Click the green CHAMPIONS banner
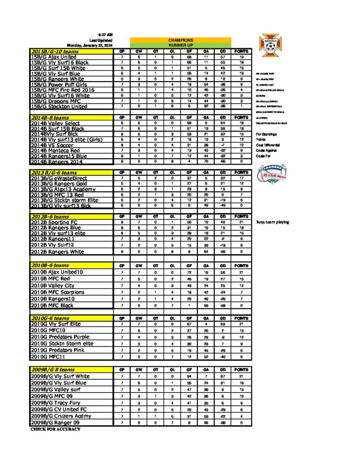point(180,40)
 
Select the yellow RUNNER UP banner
point(180,46)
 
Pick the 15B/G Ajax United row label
point(54,57)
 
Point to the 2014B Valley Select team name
point(56,123)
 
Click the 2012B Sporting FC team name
point(55,222)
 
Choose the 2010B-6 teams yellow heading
point(50,265)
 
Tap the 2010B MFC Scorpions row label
point(57,292)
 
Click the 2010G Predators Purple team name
point(60,337)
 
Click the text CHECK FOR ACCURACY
point(56,429)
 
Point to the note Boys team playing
point(272,222)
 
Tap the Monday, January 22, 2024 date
point(89,46)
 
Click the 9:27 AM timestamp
point(106,35)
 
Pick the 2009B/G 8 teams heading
point(53,370)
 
